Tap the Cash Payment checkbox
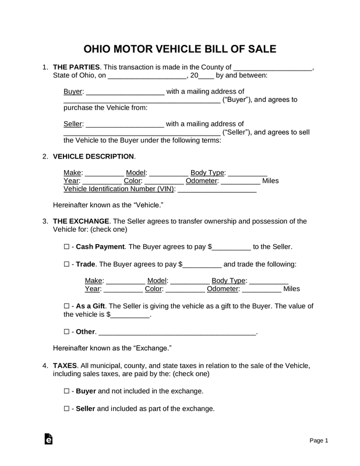[x=66, y=247]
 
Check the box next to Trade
[x=66, y=264]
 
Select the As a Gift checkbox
[x=66, y=306]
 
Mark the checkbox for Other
[x=66, y=332]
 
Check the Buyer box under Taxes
[x=66, y=391]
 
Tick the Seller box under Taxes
[x=66, y=408]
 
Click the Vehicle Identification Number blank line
[x=216, y=189]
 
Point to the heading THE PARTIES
[x=77, y=68]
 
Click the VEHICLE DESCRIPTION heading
[x=94, y=157]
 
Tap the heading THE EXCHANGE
[x=81, y=221]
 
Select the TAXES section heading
[x=65, y=365]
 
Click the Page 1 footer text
[x=319, y=440]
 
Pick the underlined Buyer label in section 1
[x=72, y=91]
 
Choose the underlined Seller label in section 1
[x=73, y=124]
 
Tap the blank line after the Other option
[x=178, y=333]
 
